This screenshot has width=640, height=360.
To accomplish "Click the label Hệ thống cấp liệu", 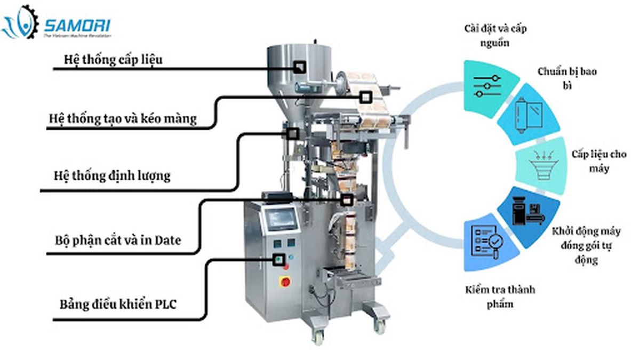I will (113, 59).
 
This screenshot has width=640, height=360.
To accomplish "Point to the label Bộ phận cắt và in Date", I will (118, 240).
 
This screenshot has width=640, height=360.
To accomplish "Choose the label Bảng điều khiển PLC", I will (118, 305).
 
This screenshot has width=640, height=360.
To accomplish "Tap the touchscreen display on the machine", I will (282, 219).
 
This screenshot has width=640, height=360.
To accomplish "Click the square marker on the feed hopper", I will (300, 67).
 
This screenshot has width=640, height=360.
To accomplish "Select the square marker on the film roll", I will (365, 97).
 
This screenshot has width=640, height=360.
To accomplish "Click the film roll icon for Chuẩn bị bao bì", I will (526, 115).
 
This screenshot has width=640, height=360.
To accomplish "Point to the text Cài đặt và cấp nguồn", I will (495, 35).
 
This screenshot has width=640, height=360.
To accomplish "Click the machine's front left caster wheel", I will (318, 337).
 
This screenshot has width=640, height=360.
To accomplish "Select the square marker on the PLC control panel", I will (277, 260).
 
